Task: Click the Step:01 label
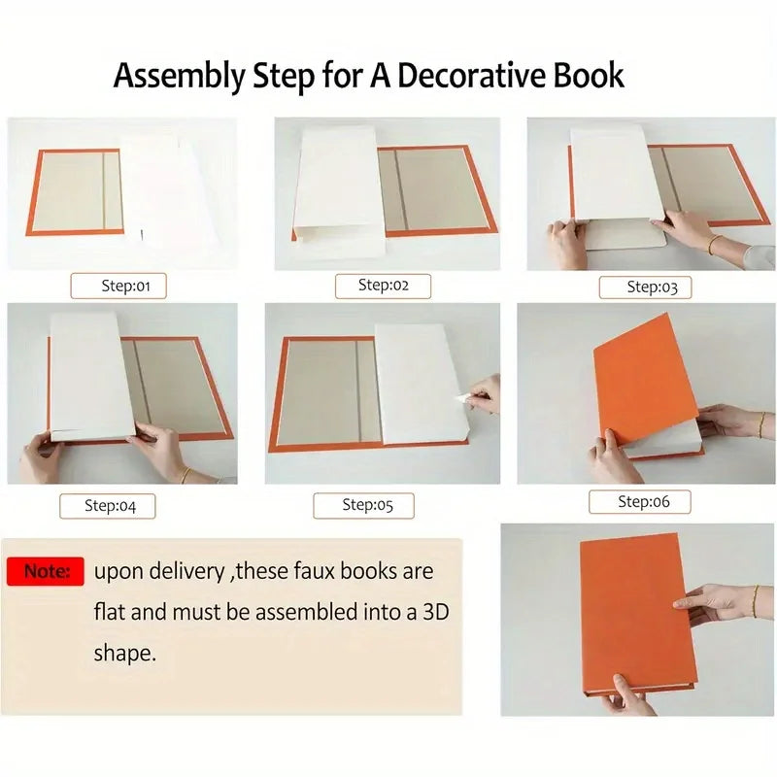pyautogui.click(x=118, y=286)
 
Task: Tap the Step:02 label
pyautogui.click(x=383, y=286)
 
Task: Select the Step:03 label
pyautogui.click(x=645, y=287)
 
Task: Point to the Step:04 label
pyautogui.click(x=108, y=506)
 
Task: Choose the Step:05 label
pyautogui.click(x=363, y=505)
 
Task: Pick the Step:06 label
pyautogui.click(x=640, y=502)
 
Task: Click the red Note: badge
pyautogui.click(x=46, y=571)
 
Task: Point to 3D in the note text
pyautogui.click(x=435, y=612)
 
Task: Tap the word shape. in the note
pyautogui.click(x=125, y=654)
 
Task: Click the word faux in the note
pyautogui.click(x=313, y=571)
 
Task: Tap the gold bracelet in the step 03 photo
pyautogui.click(x=712, y=244)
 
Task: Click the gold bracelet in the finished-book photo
pyautogui.click(x=755, y=601)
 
